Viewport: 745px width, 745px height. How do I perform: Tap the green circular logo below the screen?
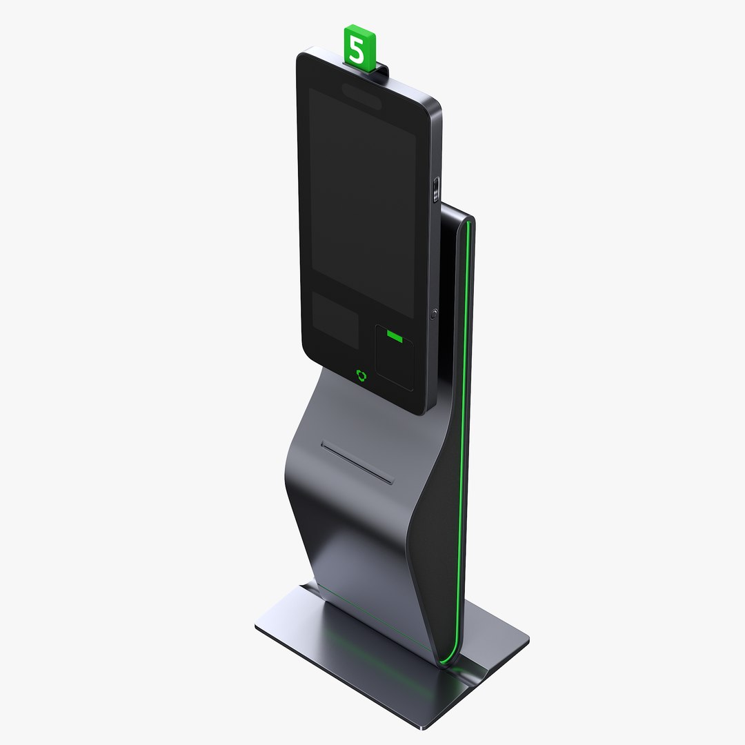(x=361, y=375)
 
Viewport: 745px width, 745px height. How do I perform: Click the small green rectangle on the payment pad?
(x=395, y=336)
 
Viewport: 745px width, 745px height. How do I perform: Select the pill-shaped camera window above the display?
(x=361, y=95)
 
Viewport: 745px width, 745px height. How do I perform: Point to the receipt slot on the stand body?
(x=357, y=463)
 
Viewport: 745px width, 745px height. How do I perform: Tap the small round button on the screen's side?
(x=434, y=313)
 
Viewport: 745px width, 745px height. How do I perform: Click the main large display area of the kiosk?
(x=361, y=200)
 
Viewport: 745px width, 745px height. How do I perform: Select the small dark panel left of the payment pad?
(x=335, y=319)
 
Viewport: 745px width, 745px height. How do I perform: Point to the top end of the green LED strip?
(x=470, y=223)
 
